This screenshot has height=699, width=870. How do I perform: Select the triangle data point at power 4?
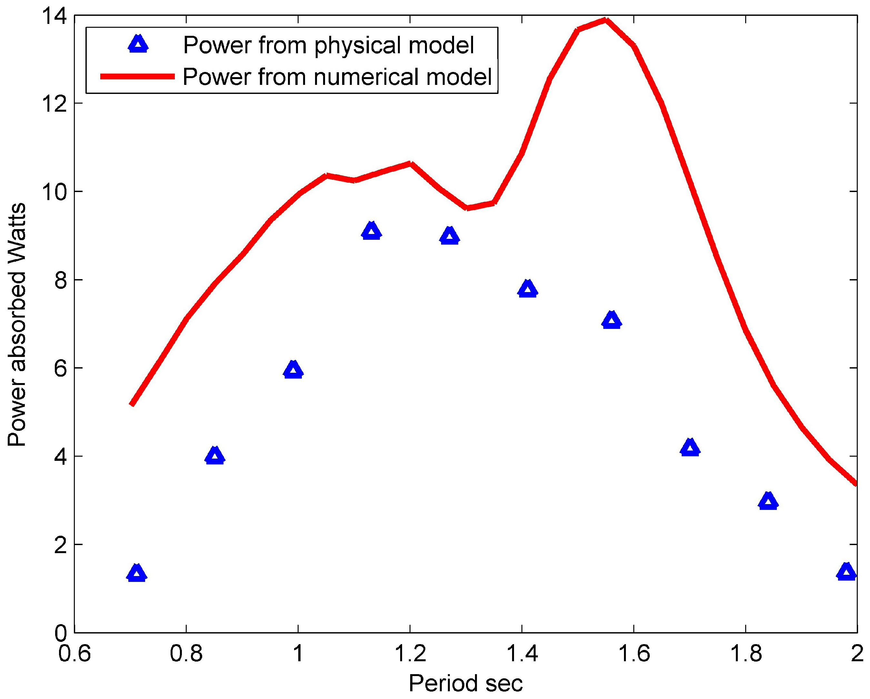[215, 457]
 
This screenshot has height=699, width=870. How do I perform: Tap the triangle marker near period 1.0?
[293, 370]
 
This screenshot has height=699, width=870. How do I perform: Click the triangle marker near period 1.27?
[450, 237]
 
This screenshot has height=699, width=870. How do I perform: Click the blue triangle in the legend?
[138, 45]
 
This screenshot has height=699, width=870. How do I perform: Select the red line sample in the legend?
[137, 76]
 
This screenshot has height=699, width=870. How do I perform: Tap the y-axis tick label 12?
[55, 103]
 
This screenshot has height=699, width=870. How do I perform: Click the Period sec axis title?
[466, 684]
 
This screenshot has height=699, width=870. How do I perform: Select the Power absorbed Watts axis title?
[17, 325]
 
